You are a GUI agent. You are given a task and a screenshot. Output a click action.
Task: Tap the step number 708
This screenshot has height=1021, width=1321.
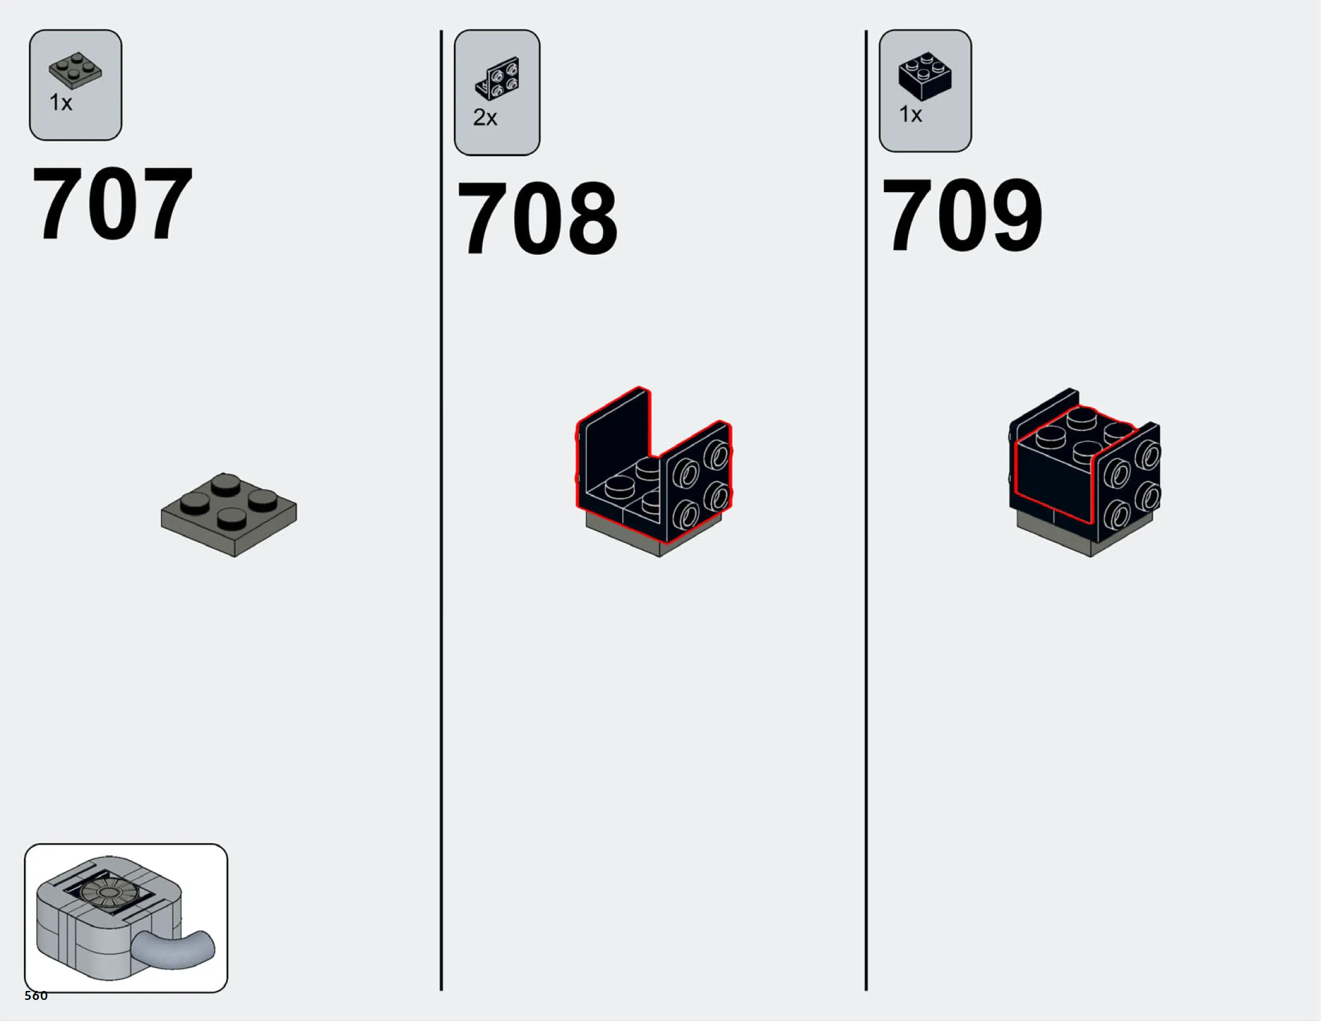click(538, 218)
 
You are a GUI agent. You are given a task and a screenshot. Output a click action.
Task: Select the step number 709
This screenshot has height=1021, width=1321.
click(963, 215)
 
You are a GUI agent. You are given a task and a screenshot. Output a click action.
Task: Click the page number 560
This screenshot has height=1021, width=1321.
click(36, 996)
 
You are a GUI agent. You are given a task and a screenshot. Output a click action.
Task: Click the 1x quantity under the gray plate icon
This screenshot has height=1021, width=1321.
click(61, 103)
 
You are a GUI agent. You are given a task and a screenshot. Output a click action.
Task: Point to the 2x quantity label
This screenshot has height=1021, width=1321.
click(485, 117)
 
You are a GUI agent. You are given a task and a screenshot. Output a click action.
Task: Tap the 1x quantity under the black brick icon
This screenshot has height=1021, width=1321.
click(910, 114)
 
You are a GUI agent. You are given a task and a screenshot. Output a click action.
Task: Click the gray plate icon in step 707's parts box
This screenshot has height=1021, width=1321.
click(76, 71)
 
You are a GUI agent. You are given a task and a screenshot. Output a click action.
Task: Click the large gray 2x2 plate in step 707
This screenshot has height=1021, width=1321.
click(229, 515)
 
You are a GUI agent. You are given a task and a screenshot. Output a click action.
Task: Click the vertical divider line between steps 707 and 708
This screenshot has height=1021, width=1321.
click(441, 510)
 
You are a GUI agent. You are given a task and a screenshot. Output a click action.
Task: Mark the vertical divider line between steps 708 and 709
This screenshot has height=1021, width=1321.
click(866, 510)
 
